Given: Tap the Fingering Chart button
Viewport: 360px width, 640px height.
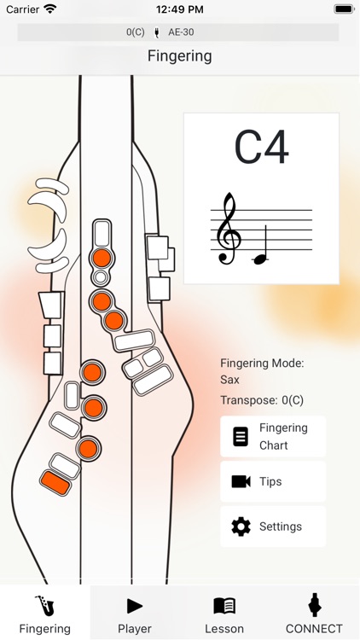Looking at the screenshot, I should click(x=273, y=437).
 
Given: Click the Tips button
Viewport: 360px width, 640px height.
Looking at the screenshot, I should click(x=273, y=481).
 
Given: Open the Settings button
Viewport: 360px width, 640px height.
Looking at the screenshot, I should click(x=273, y=527).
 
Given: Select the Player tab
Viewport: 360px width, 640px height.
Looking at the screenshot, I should click(x=135, y=614).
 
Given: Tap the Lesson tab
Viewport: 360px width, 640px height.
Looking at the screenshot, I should click(x=224, y=614).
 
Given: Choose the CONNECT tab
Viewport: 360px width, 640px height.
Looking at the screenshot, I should click(x=314, y=614).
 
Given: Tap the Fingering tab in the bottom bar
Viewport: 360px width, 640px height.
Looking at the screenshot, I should click(x=44, y=614).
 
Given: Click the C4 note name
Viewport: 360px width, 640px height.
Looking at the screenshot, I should click(x=261, y=147).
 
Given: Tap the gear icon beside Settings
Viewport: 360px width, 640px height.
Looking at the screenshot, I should click(x=241, y=527).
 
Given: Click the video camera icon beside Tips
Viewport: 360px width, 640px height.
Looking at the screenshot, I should click(x=241, y=481).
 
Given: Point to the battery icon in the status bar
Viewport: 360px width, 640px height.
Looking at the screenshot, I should click(x=344, y=9).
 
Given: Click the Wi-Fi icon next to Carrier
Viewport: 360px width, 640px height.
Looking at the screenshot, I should click(x=50, y=9).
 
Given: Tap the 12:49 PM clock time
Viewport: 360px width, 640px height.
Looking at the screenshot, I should click(x=179, y=9).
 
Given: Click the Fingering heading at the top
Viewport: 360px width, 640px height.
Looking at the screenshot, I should click(x=179, y=56).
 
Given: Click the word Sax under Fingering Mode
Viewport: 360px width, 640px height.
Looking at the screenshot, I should click(x=229, y=380).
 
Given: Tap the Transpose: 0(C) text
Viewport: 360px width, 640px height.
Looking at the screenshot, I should click(x=262, y=400).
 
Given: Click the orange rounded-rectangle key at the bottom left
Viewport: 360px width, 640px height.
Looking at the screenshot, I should click(x=55, y=482).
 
